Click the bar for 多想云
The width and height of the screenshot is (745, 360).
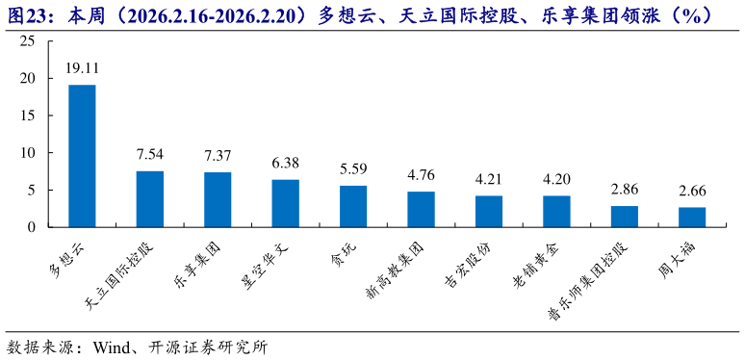pyautogui.click(x=82, y=156)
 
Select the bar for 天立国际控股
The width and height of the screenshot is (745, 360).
pyautogui.click(x=149, y=199)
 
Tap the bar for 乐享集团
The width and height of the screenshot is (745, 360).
pyautogui.click(x=218, y=199)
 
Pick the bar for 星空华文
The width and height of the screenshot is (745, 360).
pyautogui.click(x=285, y=203)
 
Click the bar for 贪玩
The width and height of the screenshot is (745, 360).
pyautogui.click(x=353, y=206)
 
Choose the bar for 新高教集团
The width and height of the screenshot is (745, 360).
pyautogui.click(x=421, y=209)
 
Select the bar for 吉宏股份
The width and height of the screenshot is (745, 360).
pyautogui.click(x=489, y=211)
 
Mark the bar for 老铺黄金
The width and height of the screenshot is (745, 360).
pyautogui.click(x=556, y=211)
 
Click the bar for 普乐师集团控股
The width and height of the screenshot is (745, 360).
pyautogui.click(x=625, y=217)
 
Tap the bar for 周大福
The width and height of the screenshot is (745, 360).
pyautogui.click(x=692, y=217)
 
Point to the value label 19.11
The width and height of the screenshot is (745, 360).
pyautogui.click(x=82, y=68)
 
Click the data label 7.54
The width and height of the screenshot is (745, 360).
pyautogui.click(x=149, y=154)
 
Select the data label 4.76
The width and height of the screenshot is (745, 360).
pyautogui.click(x=421, y=175)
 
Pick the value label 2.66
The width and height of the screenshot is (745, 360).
pyautogui.click(x=692, y=191)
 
